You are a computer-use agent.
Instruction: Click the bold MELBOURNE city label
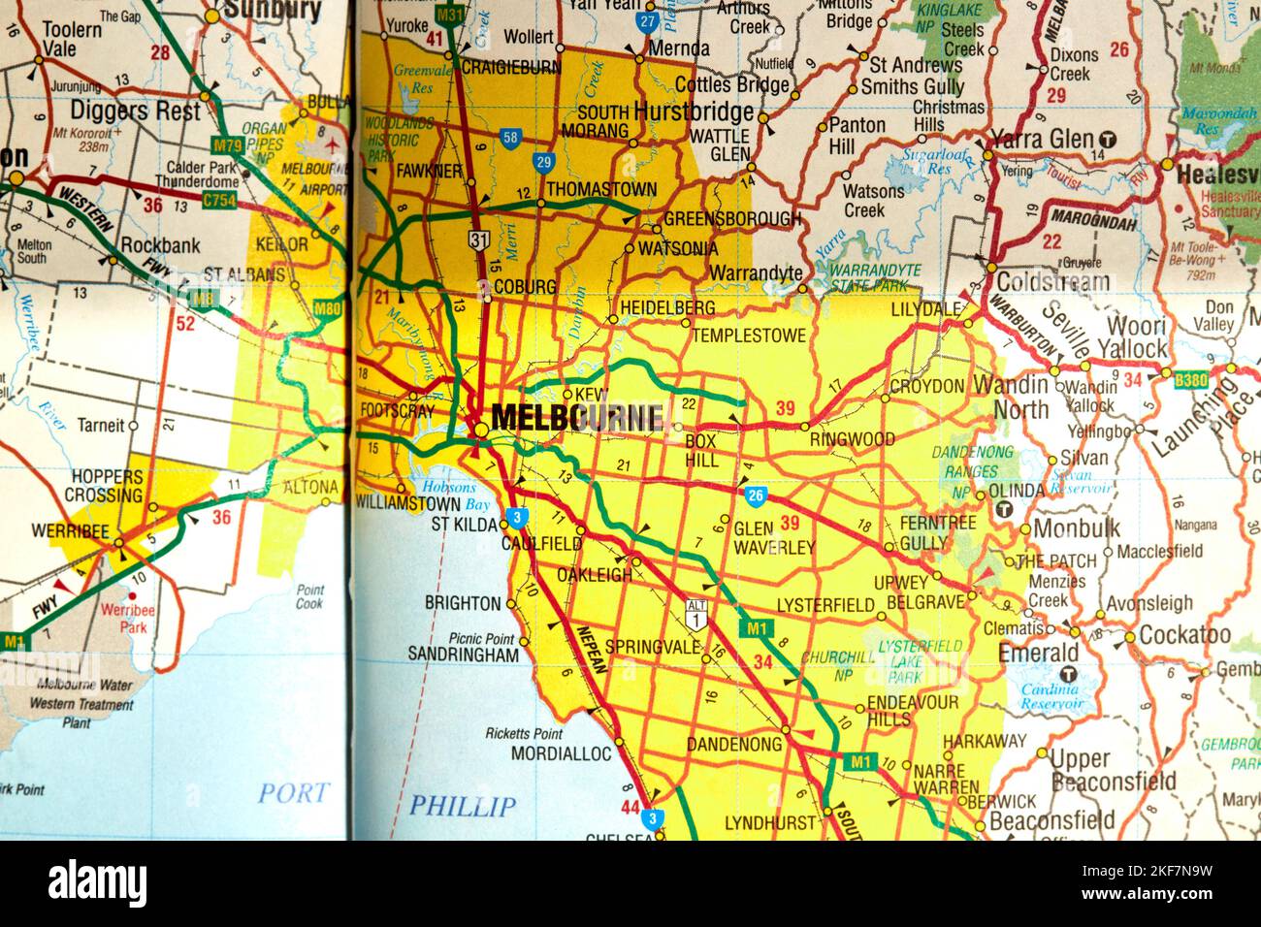click(x=577, y=418)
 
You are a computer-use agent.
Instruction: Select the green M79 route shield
click(x=227, y=146)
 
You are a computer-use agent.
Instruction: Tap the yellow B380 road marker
click(x=1189, y=378)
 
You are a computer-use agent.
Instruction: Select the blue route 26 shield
click(x=757, y=496)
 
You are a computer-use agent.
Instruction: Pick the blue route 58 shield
click(x=509, y=138)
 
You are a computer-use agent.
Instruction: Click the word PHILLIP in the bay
click(x=462, y=806)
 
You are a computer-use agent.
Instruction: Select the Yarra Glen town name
click(x=1044, y=140)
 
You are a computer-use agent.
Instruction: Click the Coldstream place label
click(x=1052, y=283)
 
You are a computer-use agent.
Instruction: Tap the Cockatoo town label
click(x=1184, y=635)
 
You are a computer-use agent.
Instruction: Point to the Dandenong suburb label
click(x=733, y=745)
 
